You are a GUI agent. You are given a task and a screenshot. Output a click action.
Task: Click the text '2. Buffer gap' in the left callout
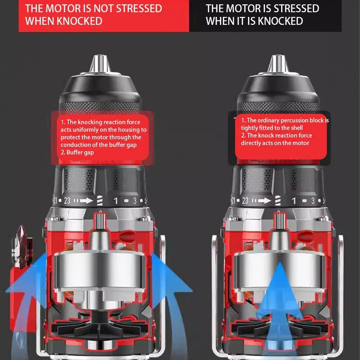pyautogui.click(x=77, y=152)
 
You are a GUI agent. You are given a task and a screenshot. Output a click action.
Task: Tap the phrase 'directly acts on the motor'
pyautogui.click(x=275, y=143)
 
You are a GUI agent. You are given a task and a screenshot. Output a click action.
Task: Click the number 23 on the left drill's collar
pyautogui.click(x=67, y=201)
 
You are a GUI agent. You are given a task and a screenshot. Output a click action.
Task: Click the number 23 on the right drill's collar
pyautogui.click(x=245, y=201)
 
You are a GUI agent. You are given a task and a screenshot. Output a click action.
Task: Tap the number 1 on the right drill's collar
pyautogui.click(x=293, y=201)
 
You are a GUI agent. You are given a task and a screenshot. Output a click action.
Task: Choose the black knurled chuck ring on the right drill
pyautogui.click(x=278, y=106)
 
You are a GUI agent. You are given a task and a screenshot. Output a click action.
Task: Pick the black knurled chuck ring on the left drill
pyautogui.click(x=100, y=106)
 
